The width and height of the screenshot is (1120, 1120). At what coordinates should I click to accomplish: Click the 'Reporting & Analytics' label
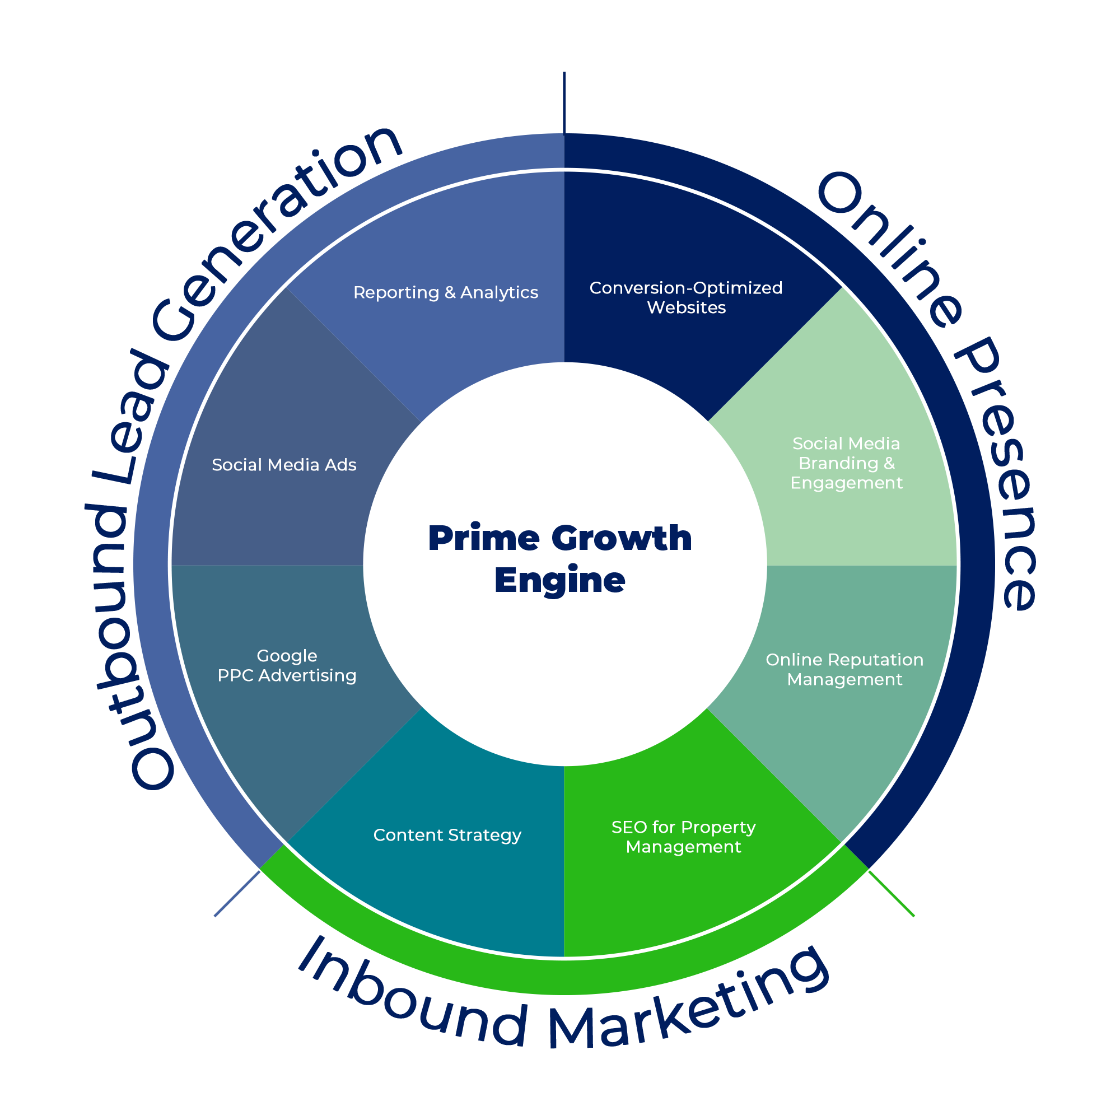point(445,292)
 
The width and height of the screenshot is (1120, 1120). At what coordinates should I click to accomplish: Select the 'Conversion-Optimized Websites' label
point(686,297)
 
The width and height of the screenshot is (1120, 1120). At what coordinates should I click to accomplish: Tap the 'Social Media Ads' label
point(283,465)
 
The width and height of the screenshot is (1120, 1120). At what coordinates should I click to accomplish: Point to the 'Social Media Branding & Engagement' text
point(846,463)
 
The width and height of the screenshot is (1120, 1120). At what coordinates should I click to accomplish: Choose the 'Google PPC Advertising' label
point(286,665)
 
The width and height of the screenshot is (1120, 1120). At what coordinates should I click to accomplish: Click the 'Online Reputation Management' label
point(844,670)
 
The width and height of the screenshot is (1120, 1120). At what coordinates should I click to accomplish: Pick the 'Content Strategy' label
point(447,835)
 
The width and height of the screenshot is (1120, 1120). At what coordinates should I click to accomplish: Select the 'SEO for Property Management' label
point(683,837)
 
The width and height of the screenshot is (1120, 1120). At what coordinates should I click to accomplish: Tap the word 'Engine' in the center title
point(559,580)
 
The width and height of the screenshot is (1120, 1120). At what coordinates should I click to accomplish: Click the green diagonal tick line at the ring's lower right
point(891,893)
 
